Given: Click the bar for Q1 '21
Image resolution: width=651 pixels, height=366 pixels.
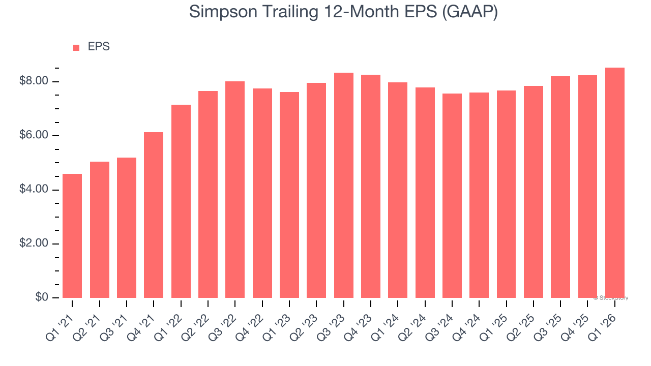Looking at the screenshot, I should click(x=72, y=236).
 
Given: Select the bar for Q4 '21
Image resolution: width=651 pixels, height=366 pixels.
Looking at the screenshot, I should click(x=154, y=215).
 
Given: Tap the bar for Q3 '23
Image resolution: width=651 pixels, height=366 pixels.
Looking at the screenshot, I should click(x=344, y=186).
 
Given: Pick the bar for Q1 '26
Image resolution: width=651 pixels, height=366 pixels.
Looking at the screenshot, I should click(x=615, y=183).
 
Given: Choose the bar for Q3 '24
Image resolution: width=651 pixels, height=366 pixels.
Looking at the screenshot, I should click(x=452, y=196).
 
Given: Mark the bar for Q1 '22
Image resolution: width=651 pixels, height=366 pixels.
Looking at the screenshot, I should click(x=181, y=201).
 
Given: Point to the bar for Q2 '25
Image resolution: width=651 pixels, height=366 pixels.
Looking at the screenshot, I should click(x=534, y=192).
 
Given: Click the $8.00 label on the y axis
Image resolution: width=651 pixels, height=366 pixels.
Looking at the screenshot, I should click(x=34, y=81).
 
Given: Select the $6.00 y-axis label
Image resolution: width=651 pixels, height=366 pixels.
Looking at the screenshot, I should click(x=34, y=136).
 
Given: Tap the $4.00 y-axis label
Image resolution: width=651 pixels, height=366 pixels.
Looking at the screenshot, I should click(x=34, y=190).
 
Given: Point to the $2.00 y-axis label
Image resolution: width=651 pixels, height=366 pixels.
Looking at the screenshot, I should click(x=34, y=243).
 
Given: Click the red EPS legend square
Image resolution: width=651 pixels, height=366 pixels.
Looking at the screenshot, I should click(x=76, y=47).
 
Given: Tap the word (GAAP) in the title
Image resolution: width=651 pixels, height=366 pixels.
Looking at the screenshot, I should click(x=470, y=11).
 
